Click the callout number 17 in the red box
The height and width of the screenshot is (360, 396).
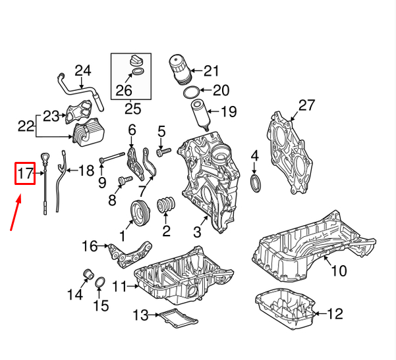point(25,174)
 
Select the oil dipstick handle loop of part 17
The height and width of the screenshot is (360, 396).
point(45,158)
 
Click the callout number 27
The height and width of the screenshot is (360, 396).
point(306,105)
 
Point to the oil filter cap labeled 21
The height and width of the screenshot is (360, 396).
point(180,70)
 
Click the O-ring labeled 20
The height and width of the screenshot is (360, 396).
point(192,93)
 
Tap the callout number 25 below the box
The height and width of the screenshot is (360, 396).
point(133,109)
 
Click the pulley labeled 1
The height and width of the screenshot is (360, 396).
point(140,213)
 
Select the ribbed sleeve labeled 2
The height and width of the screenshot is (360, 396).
point(166,204)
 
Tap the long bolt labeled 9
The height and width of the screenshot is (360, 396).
point(113,157)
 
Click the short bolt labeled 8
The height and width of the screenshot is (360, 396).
point(125,180)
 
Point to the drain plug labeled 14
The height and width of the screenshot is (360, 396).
point(88,274)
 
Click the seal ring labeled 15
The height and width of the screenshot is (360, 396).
point(100,283)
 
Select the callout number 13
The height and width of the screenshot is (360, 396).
point(140,315)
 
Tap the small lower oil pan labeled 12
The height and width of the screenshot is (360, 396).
point(285,309)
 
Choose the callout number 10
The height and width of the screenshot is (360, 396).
point(339,270)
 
